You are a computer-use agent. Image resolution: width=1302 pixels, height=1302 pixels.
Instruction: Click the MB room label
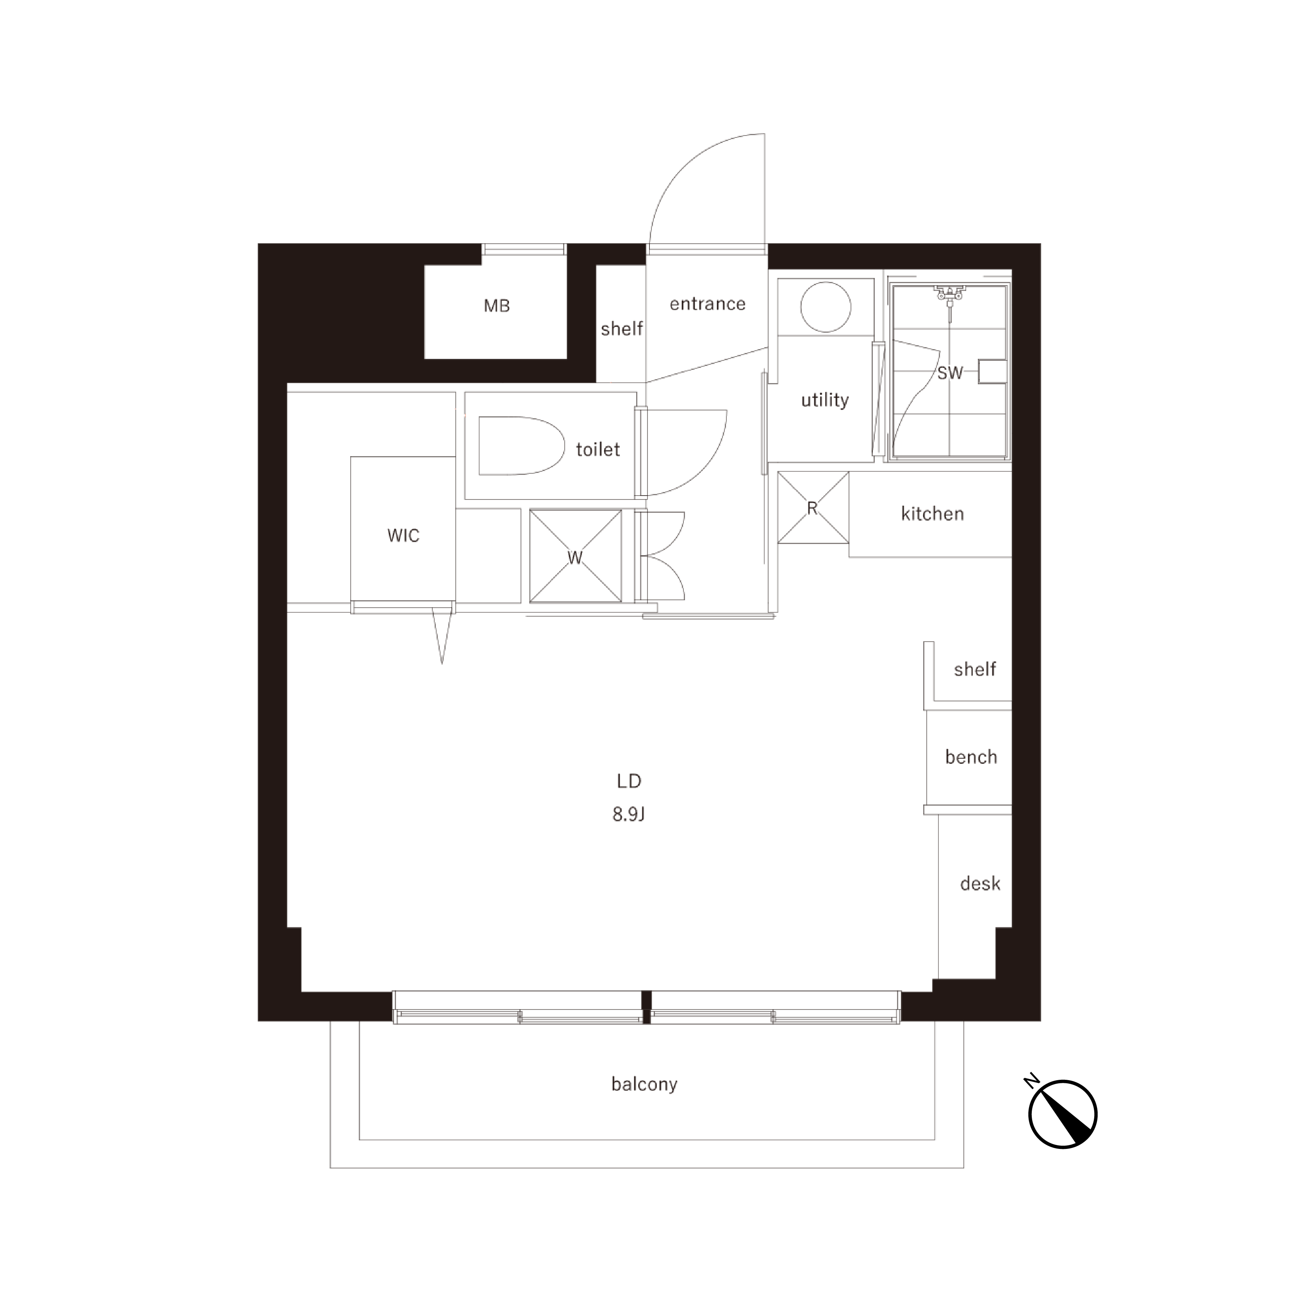pyautogui.click(x=497, y=306)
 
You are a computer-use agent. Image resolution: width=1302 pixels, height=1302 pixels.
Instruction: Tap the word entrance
pyautogui.click(x=708, y=304)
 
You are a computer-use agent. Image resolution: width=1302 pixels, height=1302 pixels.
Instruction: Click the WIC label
pyautogui.click(x=403, y=536)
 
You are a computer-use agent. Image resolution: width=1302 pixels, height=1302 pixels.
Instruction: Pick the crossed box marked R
pyautogui.click(x=813, y=507)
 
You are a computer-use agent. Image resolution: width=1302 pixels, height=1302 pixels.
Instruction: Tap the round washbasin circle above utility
pyautogui.click(x=826, y=307)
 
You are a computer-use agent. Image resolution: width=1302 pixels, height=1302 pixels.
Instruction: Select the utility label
pyautogui.click(x=825, y=400)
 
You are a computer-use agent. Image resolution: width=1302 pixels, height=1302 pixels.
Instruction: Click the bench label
pyautogui.click(x=971, y=758)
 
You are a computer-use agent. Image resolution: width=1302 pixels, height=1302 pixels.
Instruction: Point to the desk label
pyautogui.click(x=980, y=883)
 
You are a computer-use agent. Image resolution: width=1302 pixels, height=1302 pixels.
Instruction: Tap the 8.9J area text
pyautogui.click(x=629, y=815)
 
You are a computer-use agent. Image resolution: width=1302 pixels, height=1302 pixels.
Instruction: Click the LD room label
pyautogui.click(x=629, y=781)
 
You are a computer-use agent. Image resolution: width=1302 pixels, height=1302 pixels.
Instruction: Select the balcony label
pyautogui.click(x=644, y=1084)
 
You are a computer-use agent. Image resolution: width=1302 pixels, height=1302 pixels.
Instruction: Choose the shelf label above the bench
pyautogui.click(x=974, y=669)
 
